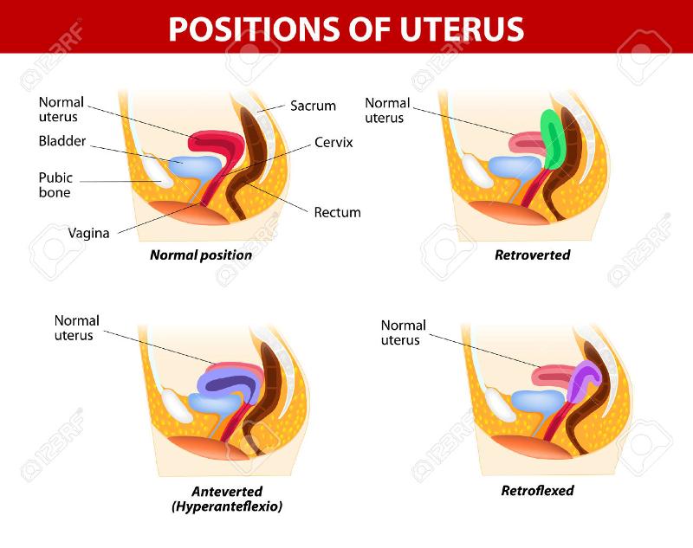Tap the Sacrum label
tap(313, 106)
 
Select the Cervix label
tap(334, 141)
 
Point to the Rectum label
tap(337, 212)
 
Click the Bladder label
tap(62, 141)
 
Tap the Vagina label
tap(88, 232)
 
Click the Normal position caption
tap(201, 255)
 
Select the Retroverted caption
tap(532, 255)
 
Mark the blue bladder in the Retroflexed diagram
tap(538, 401)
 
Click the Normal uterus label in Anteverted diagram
tap(76, 327)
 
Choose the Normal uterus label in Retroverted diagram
tap(387, 111)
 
